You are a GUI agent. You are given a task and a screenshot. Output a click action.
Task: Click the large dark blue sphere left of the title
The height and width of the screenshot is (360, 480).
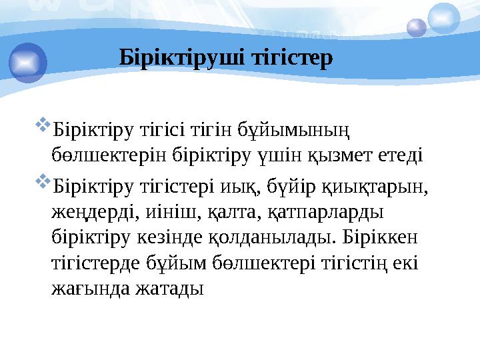28,62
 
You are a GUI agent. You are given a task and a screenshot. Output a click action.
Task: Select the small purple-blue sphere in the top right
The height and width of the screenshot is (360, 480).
417,27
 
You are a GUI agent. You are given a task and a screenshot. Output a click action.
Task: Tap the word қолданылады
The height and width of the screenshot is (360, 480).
270,237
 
